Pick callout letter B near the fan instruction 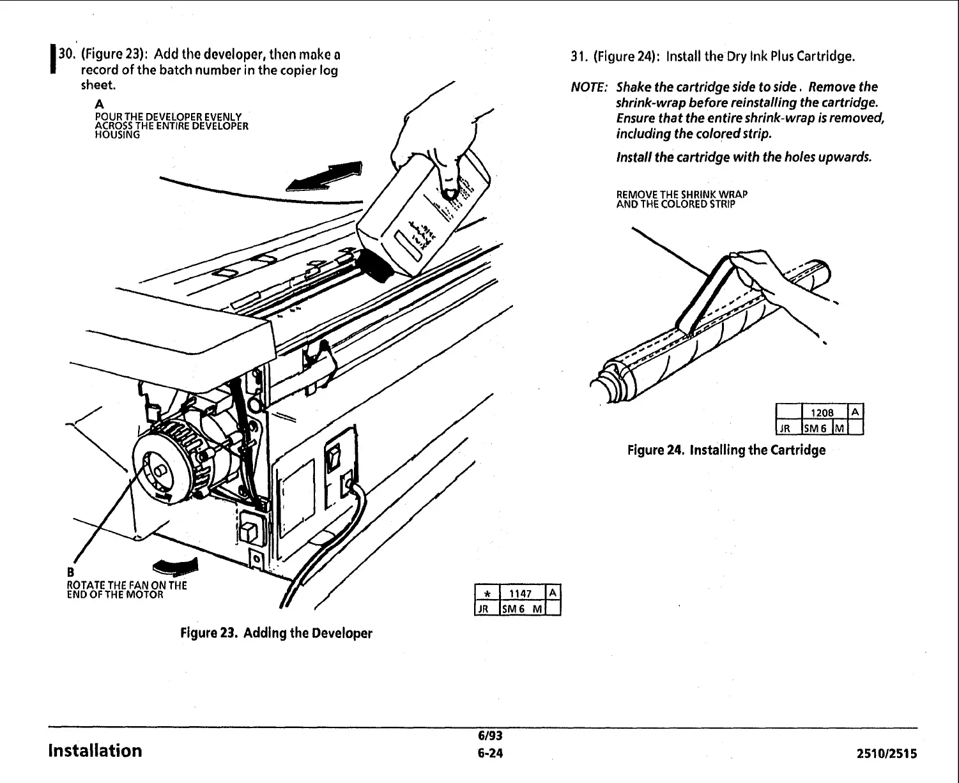(x=71, y=571)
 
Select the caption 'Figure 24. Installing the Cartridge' (x=726, y=450)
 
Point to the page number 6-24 (x=491, y=754)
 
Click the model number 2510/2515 (x=886, y=754)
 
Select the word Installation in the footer (x=95, y=750)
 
